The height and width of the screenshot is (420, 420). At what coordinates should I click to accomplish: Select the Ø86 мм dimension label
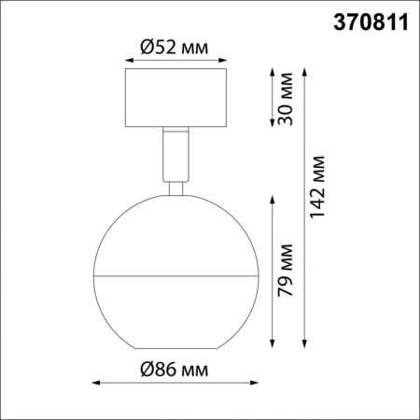[x=175, y=369]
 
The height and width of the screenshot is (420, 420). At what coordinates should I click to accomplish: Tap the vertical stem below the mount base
[x=175, y=154]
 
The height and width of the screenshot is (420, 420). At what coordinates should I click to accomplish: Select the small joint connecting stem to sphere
[x=175, y=189]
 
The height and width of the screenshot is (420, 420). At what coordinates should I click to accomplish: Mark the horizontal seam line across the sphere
[x=175, y=276]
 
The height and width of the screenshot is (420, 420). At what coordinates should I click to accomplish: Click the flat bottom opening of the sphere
[x=175, y=347]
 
